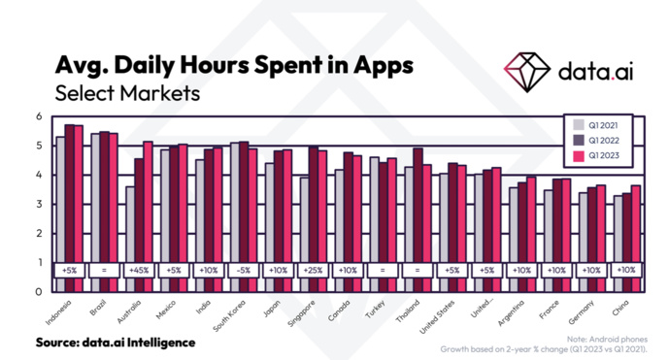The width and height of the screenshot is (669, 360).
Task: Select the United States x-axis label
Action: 435,315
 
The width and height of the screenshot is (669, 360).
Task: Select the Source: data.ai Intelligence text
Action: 116,343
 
